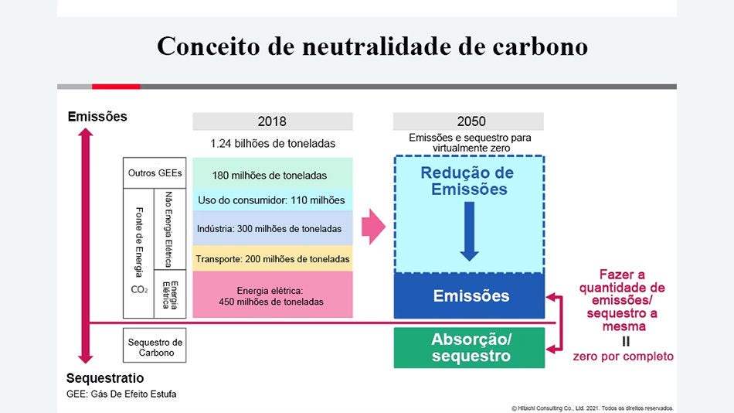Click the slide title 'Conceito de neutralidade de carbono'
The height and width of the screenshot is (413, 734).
[372, 46]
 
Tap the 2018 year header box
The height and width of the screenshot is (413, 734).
[272, 121]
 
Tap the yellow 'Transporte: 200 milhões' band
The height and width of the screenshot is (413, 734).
[272, 258]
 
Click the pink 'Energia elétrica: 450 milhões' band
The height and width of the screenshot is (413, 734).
[272, 295]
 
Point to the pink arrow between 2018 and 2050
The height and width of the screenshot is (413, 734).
[373, 227]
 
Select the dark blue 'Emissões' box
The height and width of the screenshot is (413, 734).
[470, 296]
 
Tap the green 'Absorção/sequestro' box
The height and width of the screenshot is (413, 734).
[470, 348]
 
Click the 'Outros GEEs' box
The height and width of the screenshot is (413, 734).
[155, 173]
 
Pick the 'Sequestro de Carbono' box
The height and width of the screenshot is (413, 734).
[155, 347]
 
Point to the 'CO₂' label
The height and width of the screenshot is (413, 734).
[139, 290]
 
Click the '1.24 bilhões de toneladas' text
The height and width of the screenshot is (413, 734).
[272, 143]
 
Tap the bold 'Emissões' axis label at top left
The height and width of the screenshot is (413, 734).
[97, 117]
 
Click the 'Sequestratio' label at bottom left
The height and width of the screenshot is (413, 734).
[105, 378]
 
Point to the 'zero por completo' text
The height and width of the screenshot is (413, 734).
[623, 357]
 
